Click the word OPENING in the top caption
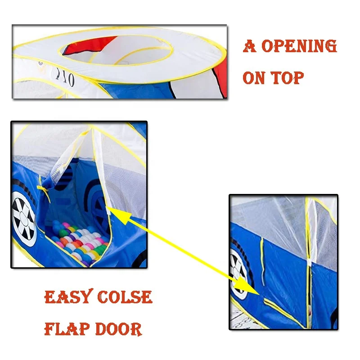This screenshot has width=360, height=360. (299, 47)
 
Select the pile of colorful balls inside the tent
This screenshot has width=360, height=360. (81, 243)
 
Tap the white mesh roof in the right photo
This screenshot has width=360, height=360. (270, 216)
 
